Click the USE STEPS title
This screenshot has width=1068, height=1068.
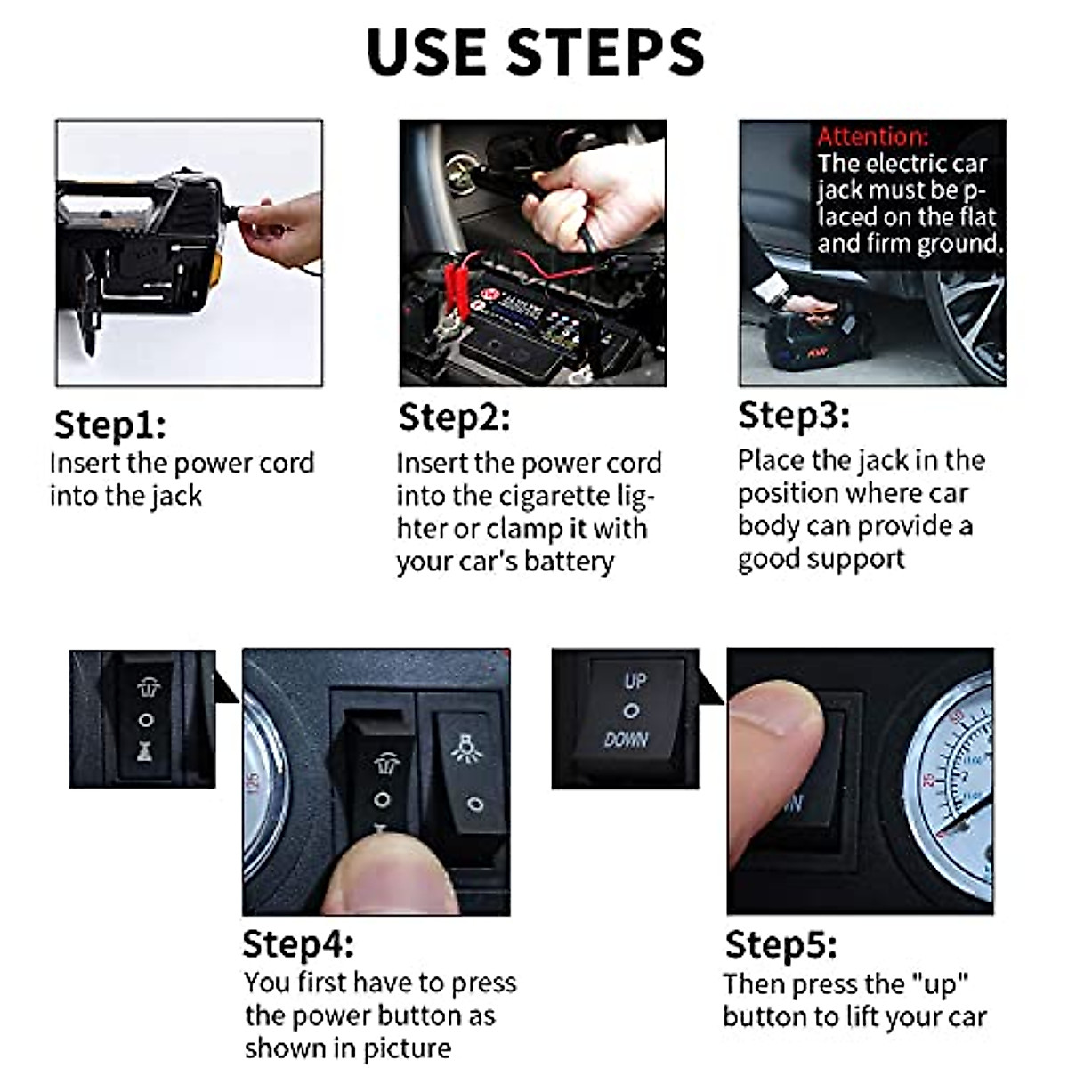(x=535, y=53)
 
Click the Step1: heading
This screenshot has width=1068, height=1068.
(x=109, y=425)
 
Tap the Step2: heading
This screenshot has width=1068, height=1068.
(x=454, y=417)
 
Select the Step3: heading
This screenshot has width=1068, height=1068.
(x=794, y=415)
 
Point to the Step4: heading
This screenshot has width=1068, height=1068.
(x=298, y=944)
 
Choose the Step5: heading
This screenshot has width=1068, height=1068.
(x=781, y=944)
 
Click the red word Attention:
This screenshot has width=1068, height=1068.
(x=873, y=136)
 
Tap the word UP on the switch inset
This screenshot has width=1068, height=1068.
(x=635, y=681)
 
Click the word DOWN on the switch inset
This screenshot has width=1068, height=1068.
(x=627, y=739)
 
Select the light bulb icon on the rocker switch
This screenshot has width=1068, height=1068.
(x=466, y=748)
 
